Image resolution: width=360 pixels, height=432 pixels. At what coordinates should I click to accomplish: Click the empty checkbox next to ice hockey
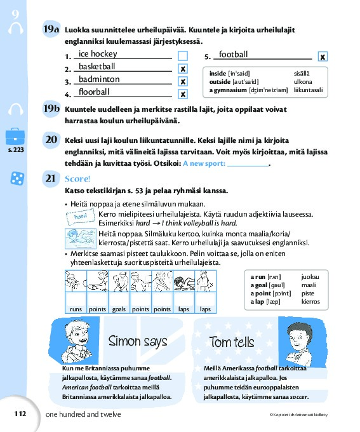tap(183, 56)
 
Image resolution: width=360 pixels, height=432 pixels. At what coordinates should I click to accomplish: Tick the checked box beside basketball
tap(183, 69)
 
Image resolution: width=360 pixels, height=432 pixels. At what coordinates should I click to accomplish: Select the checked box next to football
tap(323, 57)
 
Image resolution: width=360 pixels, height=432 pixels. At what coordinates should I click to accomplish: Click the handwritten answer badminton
tap(99, 79)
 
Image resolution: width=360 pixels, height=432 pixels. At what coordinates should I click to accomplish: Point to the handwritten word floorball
tap(94, 91)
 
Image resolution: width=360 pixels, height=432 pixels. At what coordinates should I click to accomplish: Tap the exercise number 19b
tap(51, 109)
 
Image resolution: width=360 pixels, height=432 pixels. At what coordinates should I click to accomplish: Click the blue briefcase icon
tap(15, 136)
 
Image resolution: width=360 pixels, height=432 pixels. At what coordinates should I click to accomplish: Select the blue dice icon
tap(17, 179)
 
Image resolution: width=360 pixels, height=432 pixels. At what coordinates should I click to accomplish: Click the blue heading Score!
tap(77, 179)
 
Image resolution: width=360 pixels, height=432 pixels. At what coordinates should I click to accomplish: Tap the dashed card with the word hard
tap(81, 217)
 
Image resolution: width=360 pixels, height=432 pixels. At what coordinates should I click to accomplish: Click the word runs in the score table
tap(76, 309)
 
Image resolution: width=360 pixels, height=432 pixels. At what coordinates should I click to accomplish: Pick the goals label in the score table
tap(119, 309)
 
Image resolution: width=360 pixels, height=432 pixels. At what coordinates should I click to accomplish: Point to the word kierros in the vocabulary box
tap(310, 302)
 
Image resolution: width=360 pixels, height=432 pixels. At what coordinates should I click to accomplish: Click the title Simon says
tap(138, 341)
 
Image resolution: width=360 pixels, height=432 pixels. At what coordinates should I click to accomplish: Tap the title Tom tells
tap(232, 342)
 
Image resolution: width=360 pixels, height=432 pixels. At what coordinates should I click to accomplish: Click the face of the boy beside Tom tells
tap(298, 338)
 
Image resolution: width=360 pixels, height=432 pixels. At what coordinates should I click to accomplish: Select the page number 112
tap(20, 414)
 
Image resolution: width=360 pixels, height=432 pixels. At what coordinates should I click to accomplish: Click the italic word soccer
tap(299, 397)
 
